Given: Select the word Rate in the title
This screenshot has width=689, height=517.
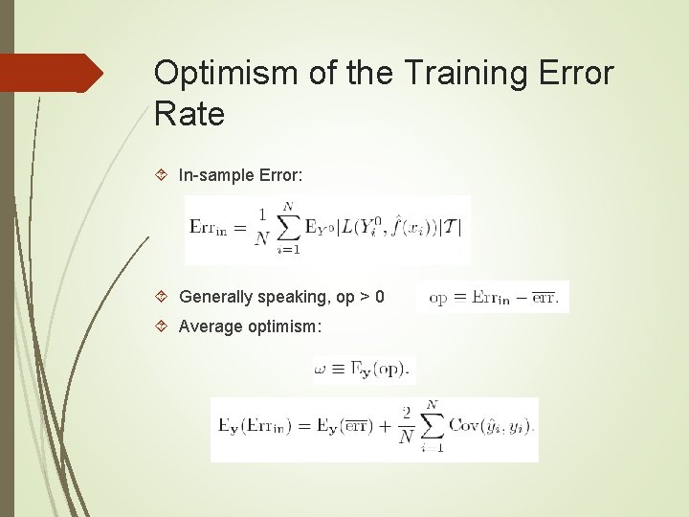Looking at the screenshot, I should (189, 115).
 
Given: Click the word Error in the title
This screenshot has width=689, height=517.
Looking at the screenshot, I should (572, 73).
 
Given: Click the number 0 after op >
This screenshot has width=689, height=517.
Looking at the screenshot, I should (379, 297).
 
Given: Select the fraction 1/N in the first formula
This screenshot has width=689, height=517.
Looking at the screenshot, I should (261, 228).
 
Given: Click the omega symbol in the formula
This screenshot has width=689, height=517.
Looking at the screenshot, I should (322, 368).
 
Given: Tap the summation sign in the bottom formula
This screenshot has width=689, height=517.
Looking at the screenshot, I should (433, 427).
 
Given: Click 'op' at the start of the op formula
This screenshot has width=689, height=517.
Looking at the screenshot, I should (438, 297).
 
